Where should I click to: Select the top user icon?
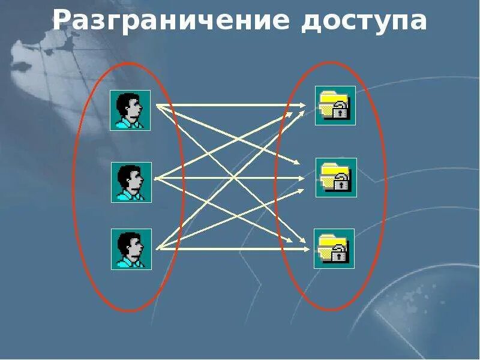[x=130, y=110]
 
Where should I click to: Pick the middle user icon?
[x=131, y=182]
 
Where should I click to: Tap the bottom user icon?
[x=131, y=248]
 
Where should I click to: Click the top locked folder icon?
[x=335, y=106]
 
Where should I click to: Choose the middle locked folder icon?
[x=336, y=178]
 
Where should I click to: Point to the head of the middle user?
[x=131, y=177]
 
